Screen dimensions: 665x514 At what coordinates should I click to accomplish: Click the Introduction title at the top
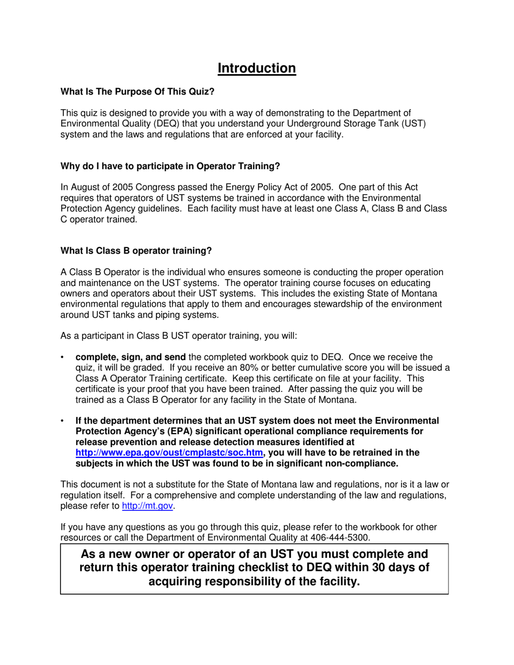point(256,69)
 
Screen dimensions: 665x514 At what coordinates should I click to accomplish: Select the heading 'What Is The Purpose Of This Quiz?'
point(137,92)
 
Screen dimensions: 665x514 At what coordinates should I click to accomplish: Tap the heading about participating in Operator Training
point(170,167)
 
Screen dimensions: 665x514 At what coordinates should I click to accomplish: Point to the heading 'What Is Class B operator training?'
point(136,251)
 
